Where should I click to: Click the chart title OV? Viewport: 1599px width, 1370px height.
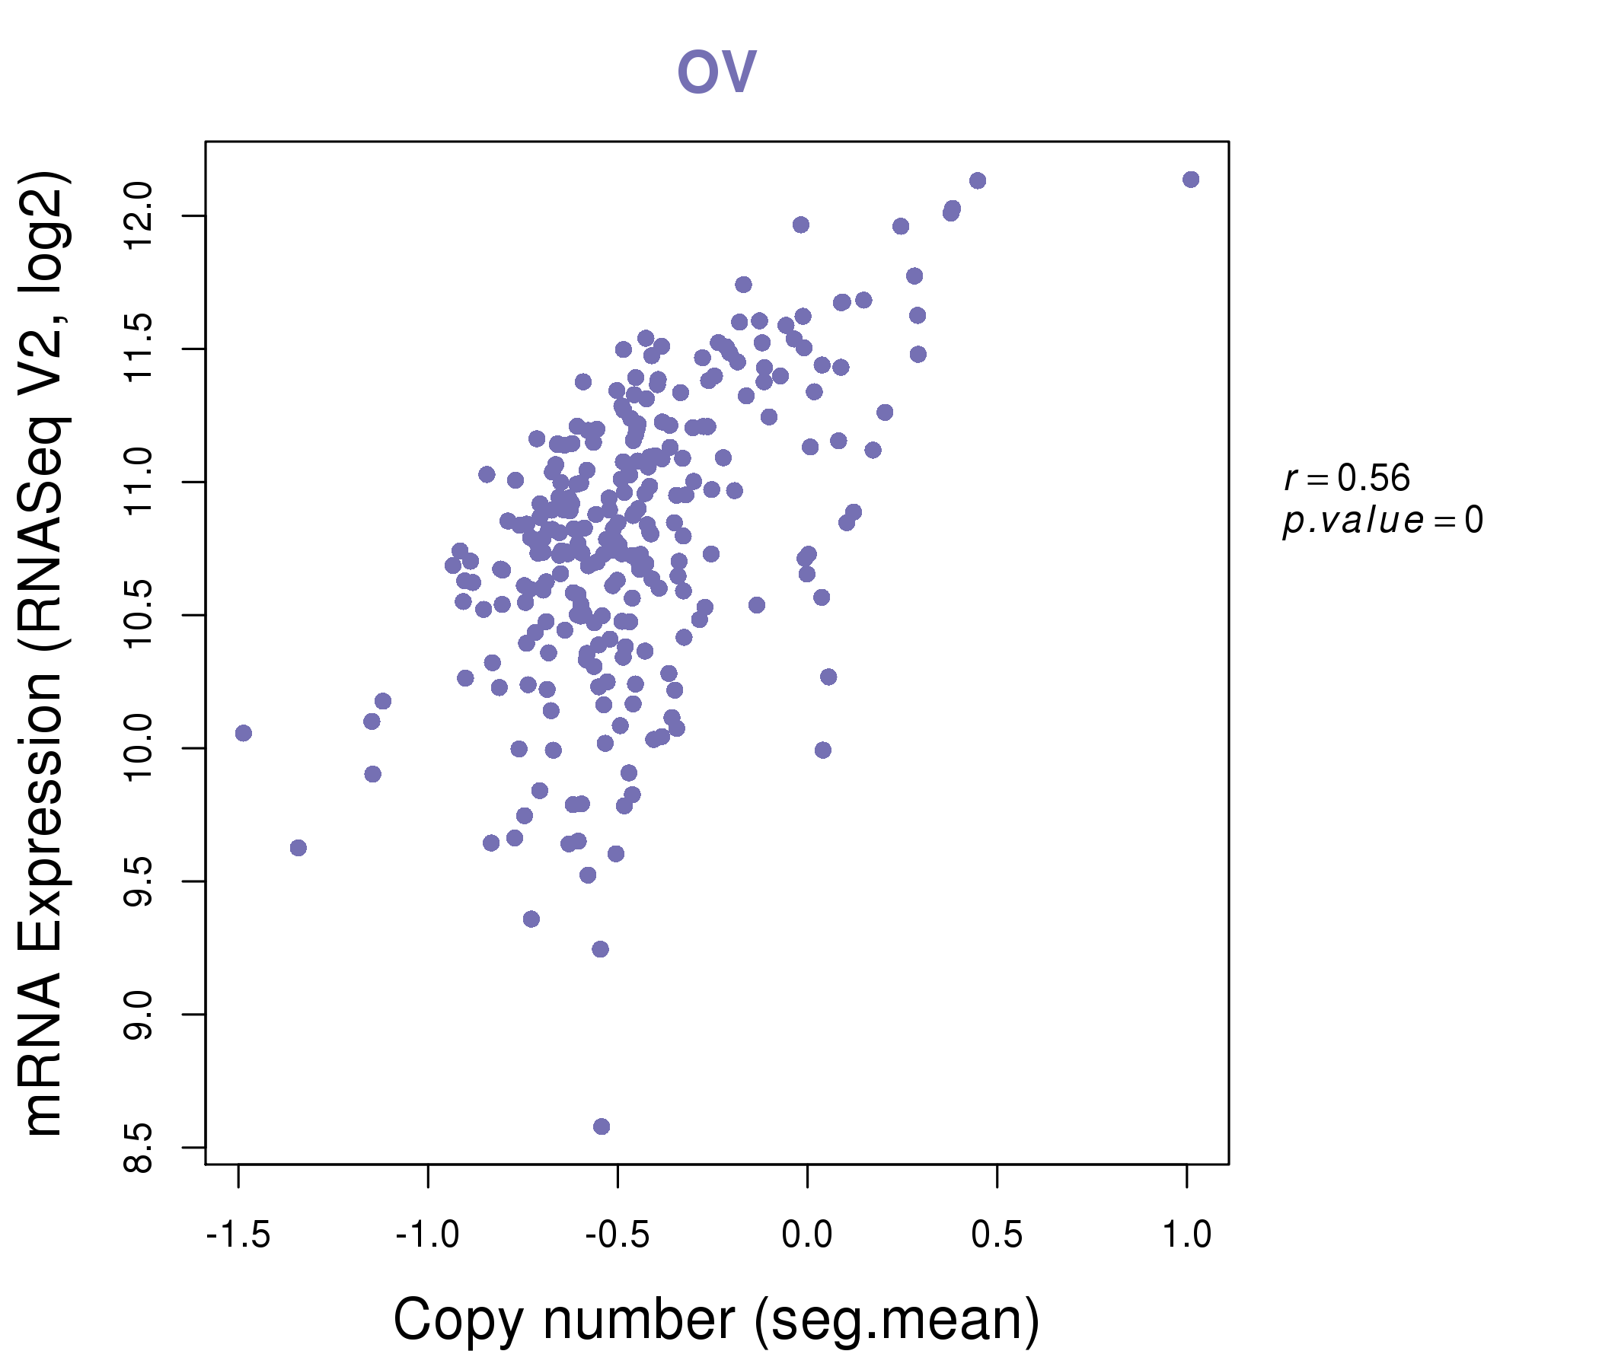click(717, 72)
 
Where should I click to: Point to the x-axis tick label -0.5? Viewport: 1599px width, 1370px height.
click(617, 1235)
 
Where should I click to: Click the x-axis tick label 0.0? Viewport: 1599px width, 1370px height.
click(806, 1235)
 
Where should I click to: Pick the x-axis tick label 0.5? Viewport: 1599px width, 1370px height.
click(996, 1235)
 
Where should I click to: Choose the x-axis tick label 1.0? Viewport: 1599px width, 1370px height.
click(1186, 1235)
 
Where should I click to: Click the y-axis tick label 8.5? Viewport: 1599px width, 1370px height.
click(139, 1148)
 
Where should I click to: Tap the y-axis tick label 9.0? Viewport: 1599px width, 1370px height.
click(139, 1015)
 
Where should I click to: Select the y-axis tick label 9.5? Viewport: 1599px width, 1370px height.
click(139, 881)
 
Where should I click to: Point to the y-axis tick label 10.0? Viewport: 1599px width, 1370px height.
click(139, 748)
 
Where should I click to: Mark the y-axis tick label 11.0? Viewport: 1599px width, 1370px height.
click(139, 482)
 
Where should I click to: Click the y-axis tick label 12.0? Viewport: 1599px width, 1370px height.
click(139, 216)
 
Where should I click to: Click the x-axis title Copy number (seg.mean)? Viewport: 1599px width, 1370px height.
click(717, 1320)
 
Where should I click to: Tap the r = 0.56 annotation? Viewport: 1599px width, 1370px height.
click(1347, 478)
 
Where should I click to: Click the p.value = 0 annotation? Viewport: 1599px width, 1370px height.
click(1382, 521)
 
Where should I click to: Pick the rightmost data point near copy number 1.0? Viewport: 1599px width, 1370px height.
click(1191, 180)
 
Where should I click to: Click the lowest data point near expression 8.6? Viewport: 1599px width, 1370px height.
click(602, 1126)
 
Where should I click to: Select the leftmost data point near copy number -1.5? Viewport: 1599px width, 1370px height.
click(243, 733)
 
